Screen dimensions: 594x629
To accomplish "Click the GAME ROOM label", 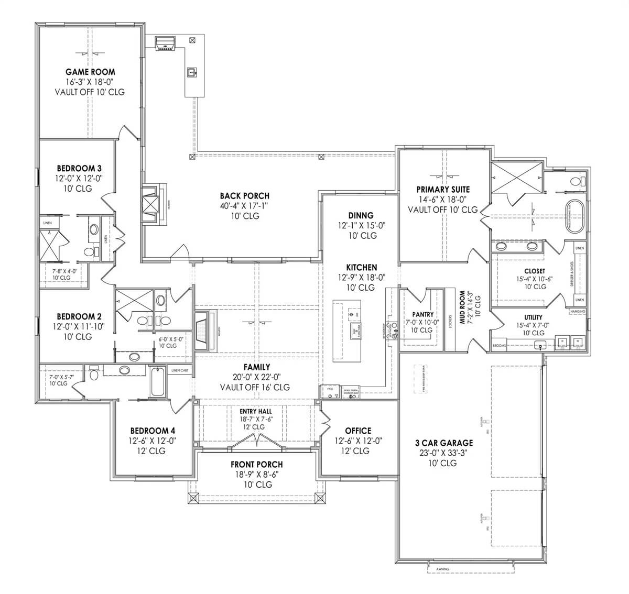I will [x=90, y=72].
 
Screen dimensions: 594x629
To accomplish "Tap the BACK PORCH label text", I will [x=244, y=196].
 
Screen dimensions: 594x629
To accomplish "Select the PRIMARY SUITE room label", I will [x=443, y=189].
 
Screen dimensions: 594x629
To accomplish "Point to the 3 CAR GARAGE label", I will [x=443, y=443].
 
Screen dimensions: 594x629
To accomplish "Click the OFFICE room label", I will [x=358, y=431].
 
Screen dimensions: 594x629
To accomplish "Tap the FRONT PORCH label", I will [x=256, y=464].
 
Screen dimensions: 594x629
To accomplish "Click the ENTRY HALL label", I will [x=256, y=412].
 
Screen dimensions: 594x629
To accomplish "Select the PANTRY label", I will [x=422, y=314].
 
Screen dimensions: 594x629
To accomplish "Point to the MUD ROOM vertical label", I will [x=462, y=309].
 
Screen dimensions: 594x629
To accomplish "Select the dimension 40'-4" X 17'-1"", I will [x=244, y=206].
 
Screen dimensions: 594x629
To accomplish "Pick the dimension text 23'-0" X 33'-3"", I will [x=443, y=453].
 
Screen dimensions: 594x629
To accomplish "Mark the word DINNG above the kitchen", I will [x=361, y=215].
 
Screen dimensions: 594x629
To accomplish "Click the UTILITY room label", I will [x=533, y=317].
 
